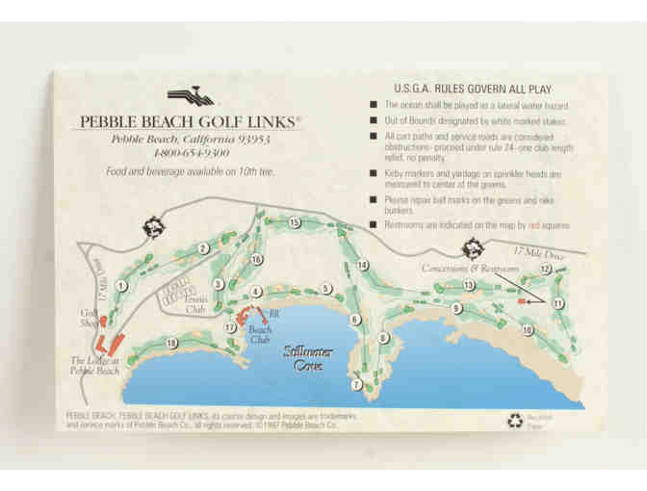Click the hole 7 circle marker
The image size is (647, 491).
coord(356,384)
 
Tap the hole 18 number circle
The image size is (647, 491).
coord(172,343)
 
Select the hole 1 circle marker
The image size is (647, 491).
coord(121,285)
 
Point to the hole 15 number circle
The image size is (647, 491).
coord(294,222)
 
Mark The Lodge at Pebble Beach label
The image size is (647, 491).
coord(95,365)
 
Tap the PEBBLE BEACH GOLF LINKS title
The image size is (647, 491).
coord(185,122)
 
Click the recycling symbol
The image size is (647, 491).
coord(513,419)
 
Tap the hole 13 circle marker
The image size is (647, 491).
coord(469,286)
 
